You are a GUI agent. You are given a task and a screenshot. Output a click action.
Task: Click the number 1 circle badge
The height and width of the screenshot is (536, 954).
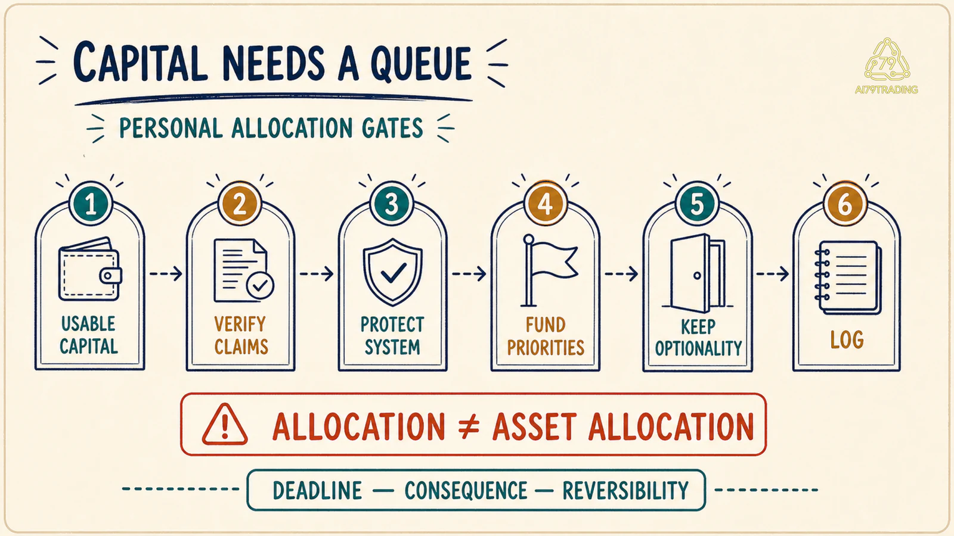click(x=91, y=204)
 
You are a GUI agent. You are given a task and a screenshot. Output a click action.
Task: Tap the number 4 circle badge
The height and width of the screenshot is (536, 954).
click(x=546, y=204)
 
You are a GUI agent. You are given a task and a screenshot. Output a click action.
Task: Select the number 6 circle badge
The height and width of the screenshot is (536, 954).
click(x=845, y=204)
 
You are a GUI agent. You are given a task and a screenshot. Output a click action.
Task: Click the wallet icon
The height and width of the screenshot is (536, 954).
click(x=90, y=269)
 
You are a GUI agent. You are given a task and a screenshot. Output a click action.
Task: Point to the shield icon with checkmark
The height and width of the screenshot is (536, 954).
click(x=393, y=272)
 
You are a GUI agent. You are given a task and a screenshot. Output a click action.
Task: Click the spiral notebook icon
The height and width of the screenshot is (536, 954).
click(x=847, y=278)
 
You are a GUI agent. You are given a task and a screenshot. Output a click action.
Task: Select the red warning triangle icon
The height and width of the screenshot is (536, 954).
click(x=224, y=425)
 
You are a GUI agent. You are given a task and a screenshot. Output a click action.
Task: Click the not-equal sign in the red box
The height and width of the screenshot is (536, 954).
click(x=469, y=426)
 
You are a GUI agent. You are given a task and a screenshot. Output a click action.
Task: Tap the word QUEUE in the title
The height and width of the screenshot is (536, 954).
click(x=421, y=63)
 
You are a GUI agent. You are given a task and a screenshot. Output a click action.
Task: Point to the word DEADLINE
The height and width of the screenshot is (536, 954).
click(x=317, y=491)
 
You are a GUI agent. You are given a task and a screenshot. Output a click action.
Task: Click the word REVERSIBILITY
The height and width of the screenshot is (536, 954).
click(x=625, y=491)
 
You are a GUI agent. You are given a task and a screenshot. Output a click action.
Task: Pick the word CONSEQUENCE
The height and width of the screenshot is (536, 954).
click(x=466, y=491)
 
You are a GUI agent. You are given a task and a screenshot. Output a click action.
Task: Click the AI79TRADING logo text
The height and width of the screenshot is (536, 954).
click(x=886, y=90)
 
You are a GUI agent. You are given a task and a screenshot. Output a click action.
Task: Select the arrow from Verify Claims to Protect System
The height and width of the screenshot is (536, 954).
click(x=317, y=273)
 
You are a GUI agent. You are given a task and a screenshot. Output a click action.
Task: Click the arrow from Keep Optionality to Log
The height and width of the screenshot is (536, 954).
click(x=772, y=273)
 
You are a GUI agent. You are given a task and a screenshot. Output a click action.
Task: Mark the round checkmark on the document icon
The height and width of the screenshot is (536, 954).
click(x=260, y=285)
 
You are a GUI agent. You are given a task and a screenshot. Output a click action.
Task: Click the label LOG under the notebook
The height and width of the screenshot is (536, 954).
click(x=847, y=340)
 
